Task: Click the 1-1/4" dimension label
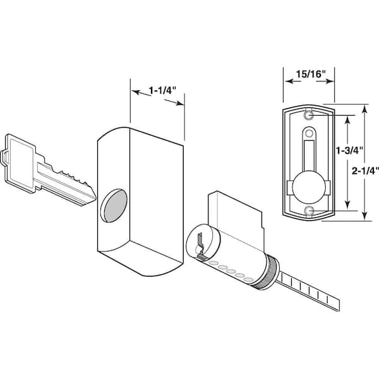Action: coord(162,91)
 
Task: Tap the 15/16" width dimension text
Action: coord(311,74)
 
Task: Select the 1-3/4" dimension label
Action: coord(350,150)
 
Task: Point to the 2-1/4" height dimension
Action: coord(365,171)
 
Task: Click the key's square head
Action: coord(20,163)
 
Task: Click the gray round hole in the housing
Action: coord(115,206)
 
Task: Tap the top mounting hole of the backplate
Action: coord(309,116)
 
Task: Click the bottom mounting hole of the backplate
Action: coord(309,211)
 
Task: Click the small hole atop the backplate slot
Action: coord(309,133)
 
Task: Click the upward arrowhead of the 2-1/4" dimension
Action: coord(365,109)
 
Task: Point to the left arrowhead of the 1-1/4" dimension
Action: coord(136,92)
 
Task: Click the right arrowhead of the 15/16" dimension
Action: coord(330,81)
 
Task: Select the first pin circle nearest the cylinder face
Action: coord(213,263)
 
